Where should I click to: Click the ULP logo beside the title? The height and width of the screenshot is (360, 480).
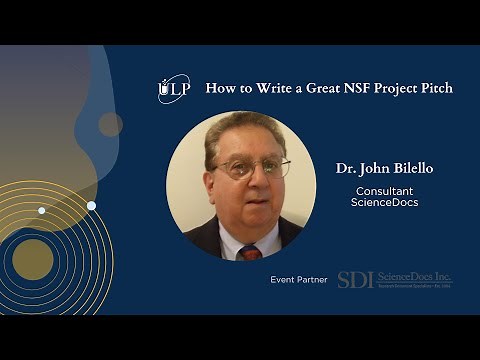[173, 89]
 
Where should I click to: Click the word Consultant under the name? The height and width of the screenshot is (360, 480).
[385, 190]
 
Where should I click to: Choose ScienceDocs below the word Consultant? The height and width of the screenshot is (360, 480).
[385, 203]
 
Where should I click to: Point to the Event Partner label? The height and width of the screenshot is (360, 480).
[299, 280]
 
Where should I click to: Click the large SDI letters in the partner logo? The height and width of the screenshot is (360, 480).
[355, 280]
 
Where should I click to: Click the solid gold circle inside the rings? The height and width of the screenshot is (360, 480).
[33, 258]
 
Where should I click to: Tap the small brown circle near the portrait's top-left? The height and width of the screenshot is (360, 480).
[110, 124]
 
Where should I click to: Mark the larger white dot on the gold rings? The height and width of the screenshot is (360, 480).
[91, 205]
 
